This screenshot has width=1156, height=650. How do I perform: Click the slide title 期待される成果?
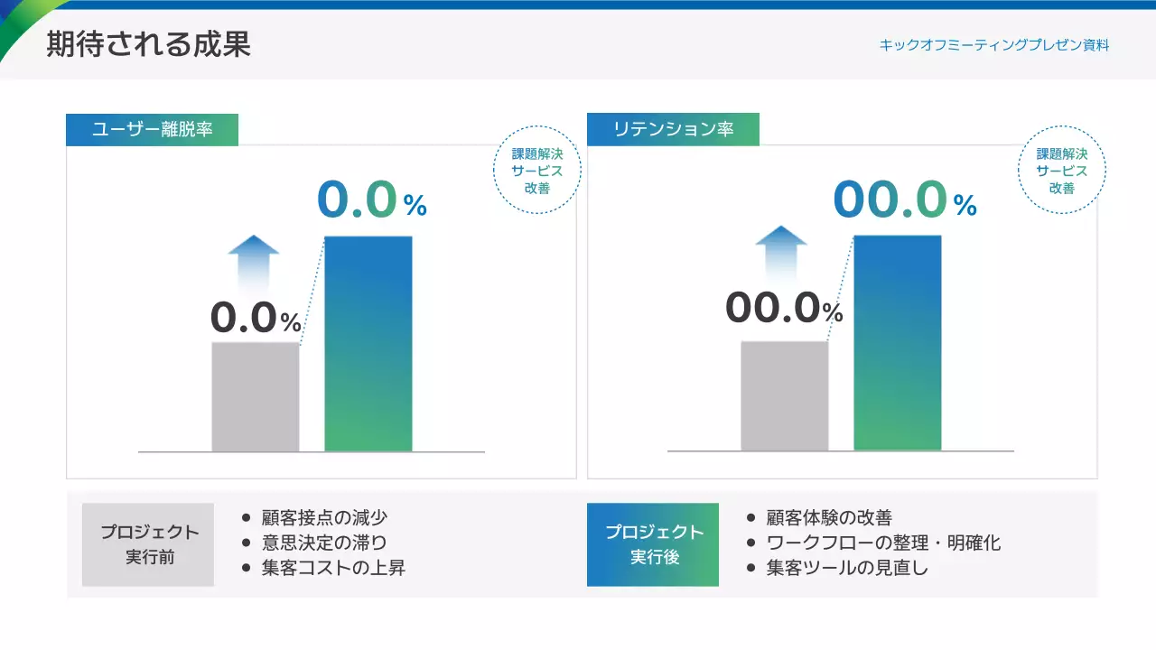click(x=148, y=44)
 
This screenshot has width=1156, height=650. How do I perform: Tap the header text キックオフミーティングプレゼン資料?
click(x=993, y=44)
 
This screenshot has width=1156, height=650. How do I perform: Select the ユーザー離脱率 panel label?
click(x=152, y=129)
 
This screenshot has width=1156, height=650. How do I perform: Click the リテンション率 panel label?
click(x=673, y=129)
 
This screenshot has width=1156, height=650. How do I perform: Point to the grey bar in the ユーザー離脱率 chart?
click(x=255, y=396)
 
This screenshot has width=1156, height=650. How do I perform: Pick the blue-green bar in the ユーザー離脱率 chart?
click(x=368, y=343)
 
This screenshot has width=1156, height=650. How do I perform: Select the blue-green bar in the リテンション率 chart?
click(x=897, y=343)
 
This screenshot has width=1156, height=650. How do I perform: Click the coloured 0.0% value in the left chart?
click(x=371, y=201)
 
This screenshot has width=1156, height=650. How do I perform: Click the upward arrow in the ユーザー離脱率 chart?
click(x=254, y=262)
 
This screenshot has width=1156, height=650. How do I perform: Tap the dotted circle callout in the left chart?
click(x=536, y=171)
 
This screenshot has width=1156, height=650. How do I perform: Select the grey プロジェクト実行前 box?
click(x=148, y=544)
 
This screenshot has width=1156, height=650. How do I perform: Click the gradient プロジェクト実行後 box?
click(x=653, y=544)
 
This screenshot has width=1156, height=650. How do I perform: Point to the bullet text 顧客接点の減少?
click(x=324, y=518)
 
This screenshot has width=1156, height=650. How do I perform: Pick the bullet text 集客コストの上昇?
click(x=333, y=568)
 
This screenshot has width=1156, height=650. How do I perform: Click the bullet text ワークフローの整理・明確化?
click(x=883, y=543)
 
